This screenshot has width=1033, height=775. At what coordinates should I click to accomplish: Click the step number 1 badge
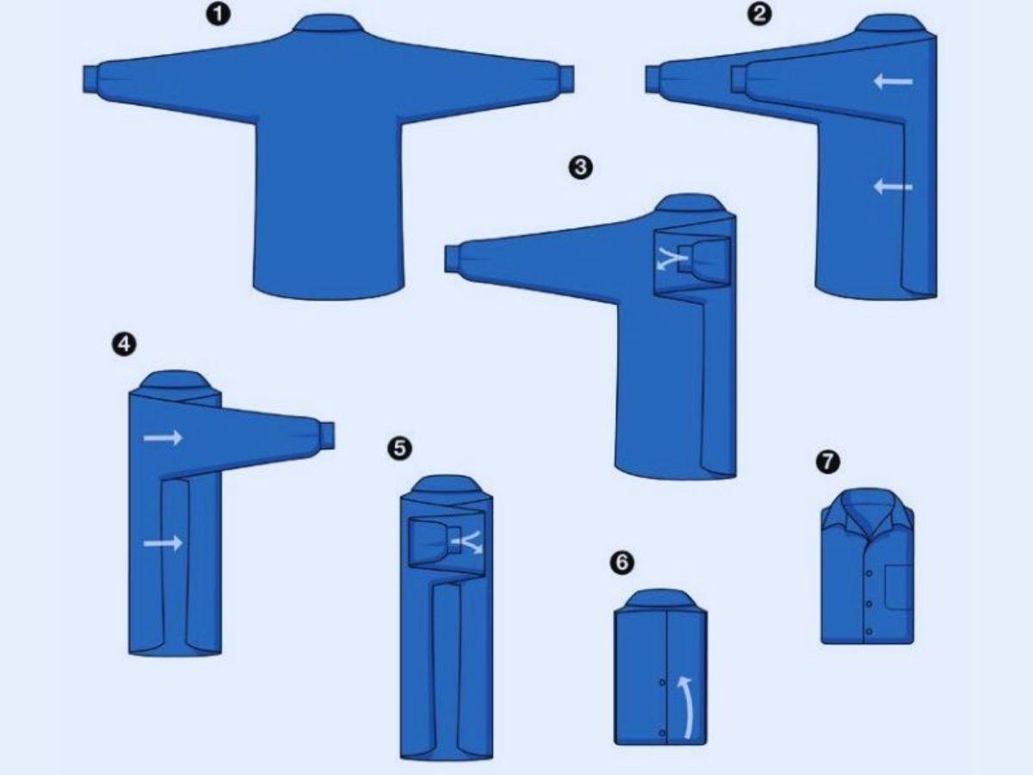pyautogui.click(x=218, y=15)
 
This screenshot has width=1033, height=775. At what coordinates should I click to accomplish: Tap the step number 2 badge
pyautogui.click(x=759, y=15)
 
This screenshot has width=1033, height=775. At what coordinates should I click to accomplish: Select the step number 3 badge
pyautogui.click(x=580, y=167)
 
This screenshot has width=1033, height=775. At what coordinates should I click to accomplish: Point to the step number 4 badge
pyautogui.click(x=124, y=344)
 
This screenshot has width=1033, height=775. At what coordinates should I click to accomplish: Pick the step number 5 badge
pyautogui.click(x=399, y=448)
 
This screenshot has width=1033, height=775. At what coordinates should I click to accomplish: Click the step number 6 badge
pyautogui.click(x=622, y=561)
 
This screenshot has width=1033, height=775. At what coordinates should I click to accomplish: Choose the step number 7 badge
pyautogui.click(x=828, y=462)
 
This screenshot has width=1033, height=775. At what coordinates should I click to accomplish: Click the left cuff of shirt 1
pyautogui.click(x=90, y=79)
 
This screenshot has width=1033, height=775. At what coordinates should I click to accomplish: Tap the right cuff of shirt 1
pyautogui.click(x=566, y=79)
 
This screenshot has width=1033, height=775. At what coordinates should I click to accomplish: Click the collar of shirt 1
pyautogui.click(x=329, y=22)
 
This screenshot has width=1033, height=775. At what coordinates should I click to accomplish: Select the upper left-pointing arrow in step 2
pyautogui.click(x=893, y=82)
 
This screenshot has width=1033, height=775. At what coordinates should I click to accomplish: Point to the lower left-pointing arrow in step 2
pyautogui.click(x=893, y=187)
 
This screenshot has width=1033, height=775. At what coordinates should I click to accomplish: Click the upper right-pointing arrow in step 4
pyautogui.click(x=163, y=437)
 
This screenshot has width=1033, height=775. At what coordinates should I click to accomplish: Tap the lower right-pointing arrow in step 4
pyautogui.click(x=163, y=543)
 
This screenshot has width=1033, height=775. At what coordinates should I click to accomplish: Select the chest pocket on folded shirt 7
pyautogui.click(x=900, y=586)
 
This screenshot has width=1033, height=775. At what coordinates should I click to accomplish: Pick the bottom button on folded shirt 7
pyautogui.click(x=869, y=631)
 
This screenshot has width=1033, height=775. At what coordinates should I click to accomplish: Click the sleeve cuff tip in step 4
pyautogui.click(x=328, y=435)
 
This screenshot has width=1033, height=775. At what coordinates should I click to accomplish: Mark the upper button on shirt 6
pyautogui.click(x=662, y=682)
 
